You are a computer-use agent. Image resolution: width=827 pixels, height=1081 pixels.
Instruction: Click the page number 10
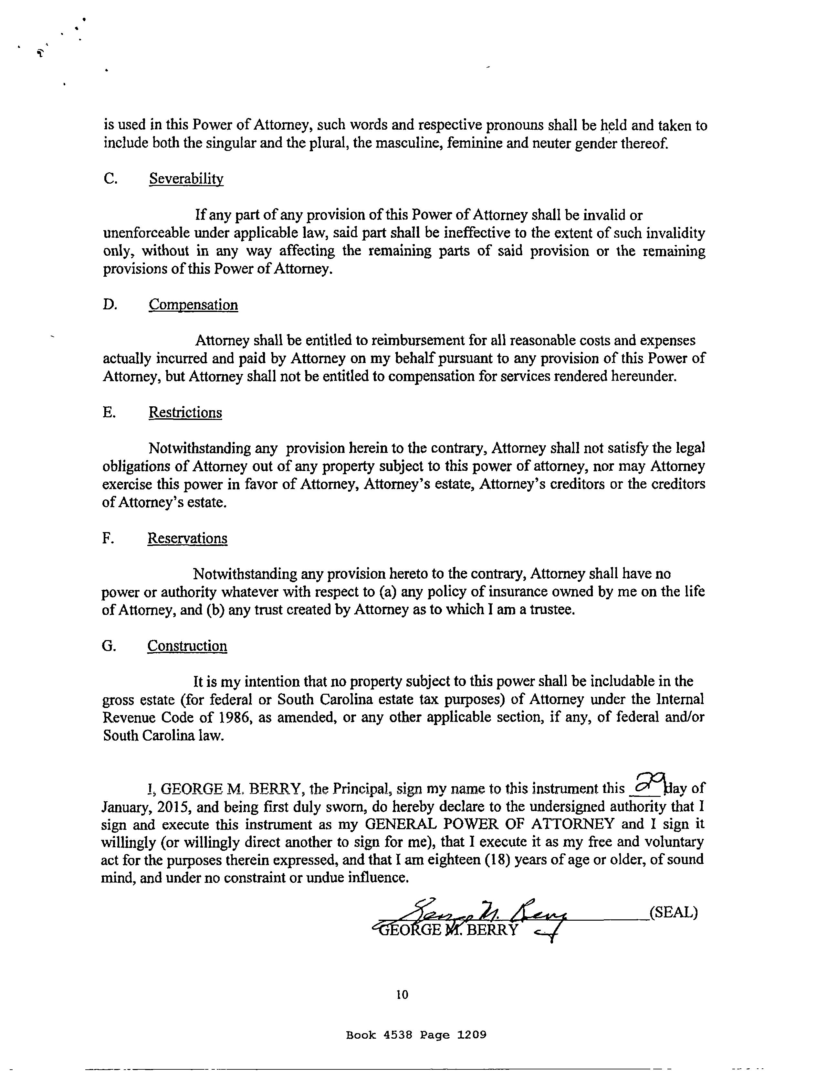click(402, 994)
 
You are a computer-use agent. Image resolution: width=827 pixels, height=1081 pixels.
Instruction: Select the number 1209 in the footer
click(472, 1035)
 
